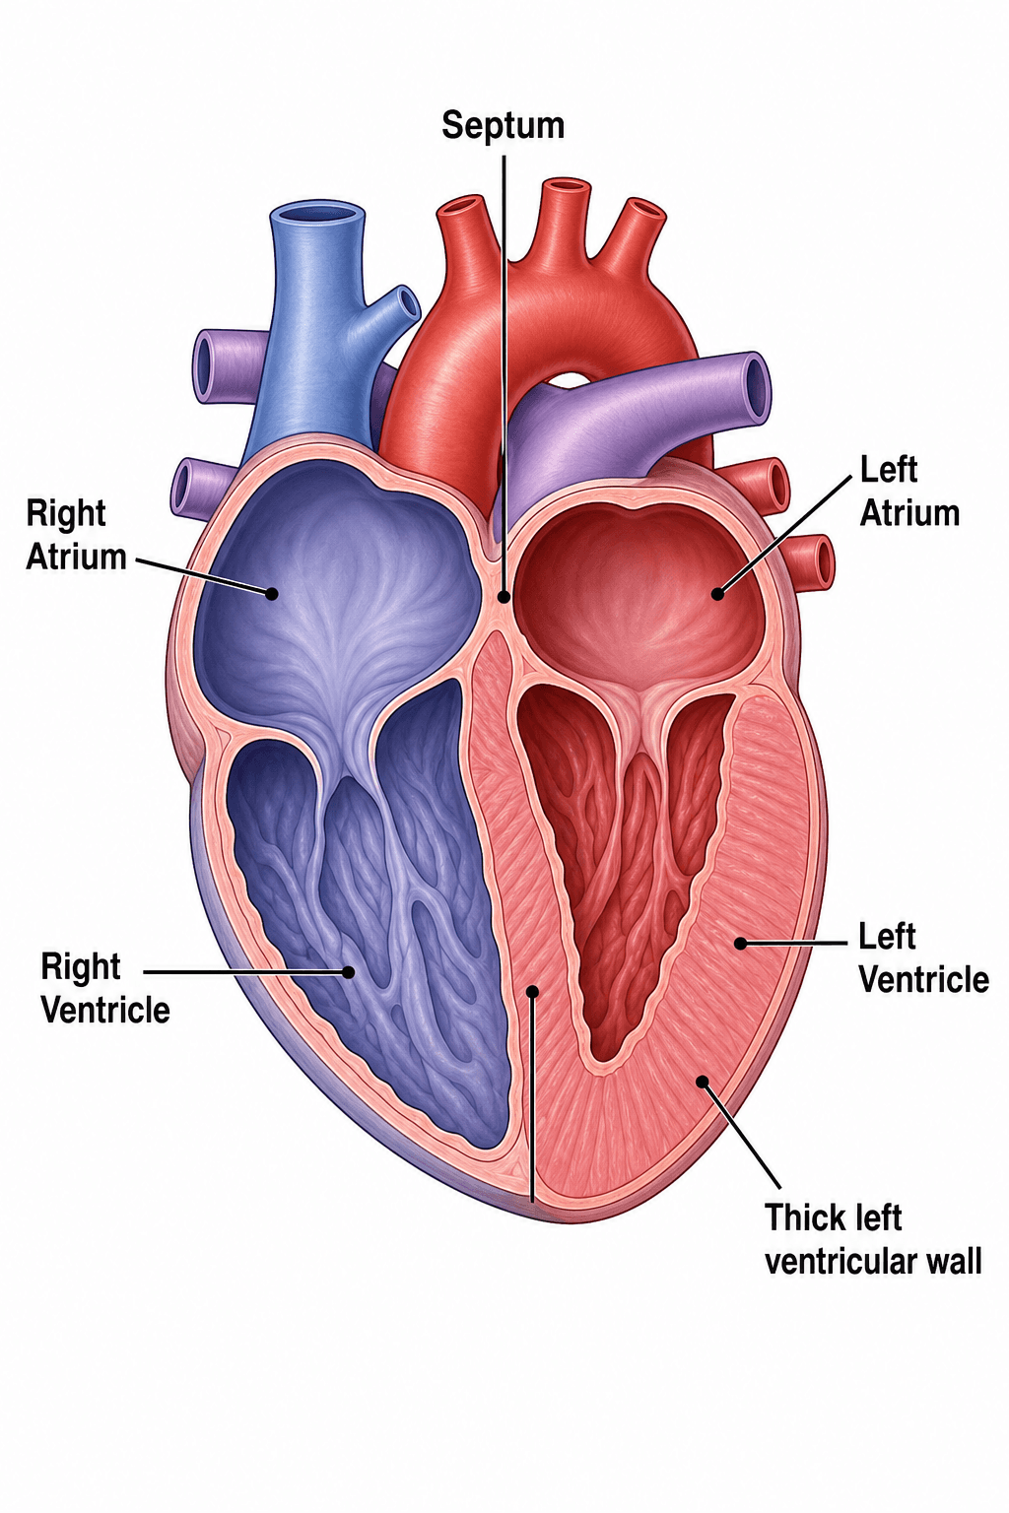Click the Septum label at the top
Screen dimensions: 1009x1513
point(503,126)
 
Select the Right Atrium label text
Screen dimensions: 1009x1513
point(76,535)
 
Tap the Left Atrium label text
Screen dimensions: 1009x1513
point(908,492)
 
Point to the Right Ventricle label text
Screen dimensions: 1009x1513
point(104,988)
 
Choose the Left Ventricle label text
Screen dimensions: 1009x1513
point(923,958)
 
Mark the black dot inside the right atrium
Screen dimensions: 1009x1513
point(272,594)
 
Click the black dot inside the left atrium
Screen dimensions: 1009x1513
point(717,594)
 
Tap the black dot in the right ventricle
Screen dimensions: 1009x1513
point(348,972)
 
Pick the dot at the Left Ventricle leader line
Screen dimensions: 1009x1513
point(741,943)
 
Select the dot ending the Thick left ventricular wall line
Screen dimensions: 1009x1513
point(703,1082)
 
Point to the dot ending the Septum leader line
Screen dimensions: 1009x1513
point(504,596)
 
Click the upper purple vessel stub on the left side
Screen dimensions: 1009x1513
point(227,365)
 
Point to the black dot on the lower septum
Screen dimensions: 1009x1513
point(532,992)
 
